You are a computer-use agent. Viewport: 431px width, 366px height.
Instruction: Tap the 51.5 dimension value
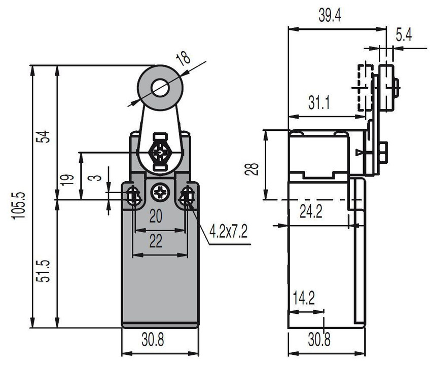pos(44,271)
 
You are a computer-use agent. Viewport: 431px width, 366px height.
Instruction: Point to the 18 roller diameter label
pos(184,58)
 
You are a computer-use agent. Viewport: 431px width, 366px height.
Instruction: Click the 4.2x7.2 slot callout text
pos(228,231)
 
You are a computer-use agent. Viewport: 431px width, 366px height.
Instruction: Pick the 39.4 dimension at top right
pos(330,15)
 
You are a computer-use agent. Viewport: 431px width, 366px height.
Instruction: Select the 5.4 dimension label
pos(404,35)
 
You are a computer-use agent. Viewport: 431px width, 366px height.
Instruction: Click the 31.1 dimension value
pos(318,102)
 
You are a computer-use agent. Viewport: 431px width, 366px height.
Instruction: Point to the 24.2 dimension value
pos(311,211)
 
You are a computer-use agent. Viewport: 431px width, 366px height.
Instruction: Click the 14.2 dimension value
pos(303,298)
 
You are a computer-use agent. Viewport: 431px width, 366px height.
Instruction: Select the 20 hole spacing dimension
pos(156,216)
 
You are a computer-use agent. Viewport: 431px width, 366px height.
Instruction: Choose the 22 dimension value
pos(156,241)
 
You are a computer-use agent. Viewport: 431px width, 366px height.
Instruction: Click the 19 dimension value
pos(67,180)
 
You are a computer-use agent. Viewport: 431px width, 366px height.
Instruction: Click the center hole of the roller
pos(160,87)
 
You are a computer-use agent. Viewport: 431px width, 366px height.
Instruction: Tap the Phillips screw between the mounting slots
pos(160,192)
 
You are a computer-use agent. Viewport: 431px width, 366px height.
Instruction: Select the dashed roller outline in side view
pos(365,88)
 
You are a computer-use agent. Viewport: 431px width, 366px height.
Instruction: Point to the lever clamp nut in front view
pos(160,152)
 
